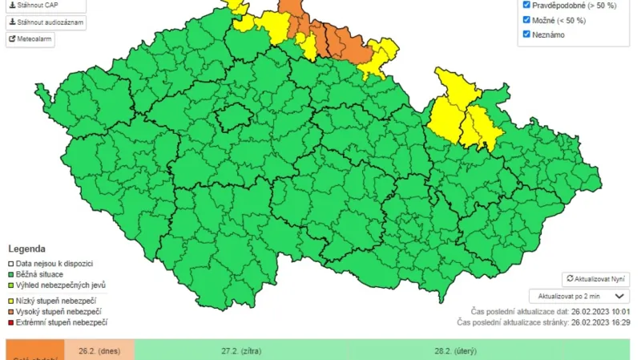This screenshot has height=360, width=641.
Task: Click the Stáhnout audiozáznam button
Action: [x=46, y=22]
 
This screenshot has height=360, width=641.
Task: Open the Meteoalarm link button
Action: [x=30, y=39]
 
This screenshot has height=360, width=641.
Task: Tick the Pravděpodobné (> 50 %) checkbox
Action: [x=526, y=6]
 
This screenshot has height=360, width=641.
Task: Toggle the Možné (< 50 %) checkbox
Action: [x=526, y=20]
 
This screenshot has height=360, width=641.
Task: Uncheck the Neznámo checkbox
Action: [x=526, y=34]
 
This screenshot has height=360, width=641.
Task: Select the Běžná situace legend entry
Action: [x=45, y=274]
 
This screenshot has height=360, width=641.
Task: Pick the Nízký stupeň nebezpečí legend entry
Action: [x=56, y=300]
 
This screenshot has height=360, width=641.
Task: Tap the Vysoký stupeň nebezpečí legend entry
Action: [x=58, y=311]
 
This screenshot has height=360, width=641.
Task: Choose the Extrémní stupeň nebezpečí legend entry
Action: [x=61, y=322]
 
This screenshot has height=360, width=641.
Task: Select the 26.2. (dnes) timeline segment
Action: [x=100, y=350]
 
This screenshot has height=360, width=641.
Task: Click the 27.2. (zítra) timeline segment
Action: [x=241, y=350]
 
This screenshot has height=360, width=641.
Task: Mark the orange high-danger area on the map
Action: [x=337, y=40]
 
